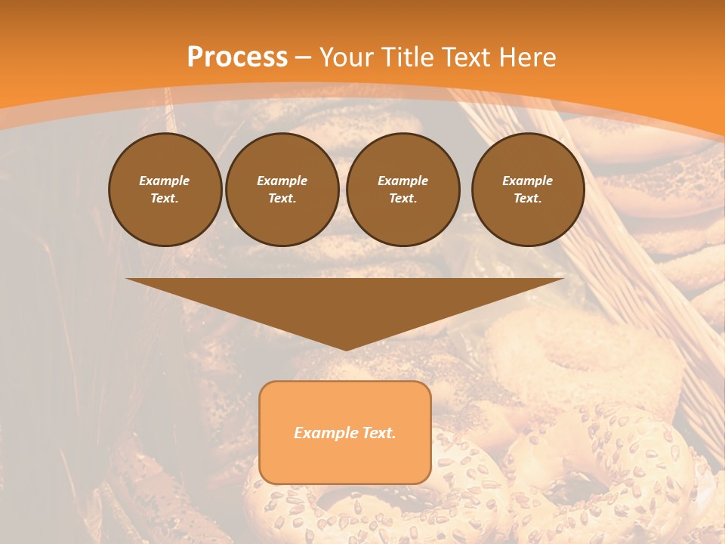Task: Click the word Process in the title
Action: point(237,57)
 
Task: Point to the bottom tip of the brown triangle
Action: point(346,349)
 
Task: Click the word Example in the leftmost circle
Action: point(165,181)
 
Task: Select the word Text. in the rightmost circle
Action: point(528,198)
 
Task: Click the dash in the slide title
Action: point(304,57)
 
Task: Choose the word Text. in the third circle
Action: point(403,198)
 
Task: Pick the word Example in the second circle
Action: point(282,181)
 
